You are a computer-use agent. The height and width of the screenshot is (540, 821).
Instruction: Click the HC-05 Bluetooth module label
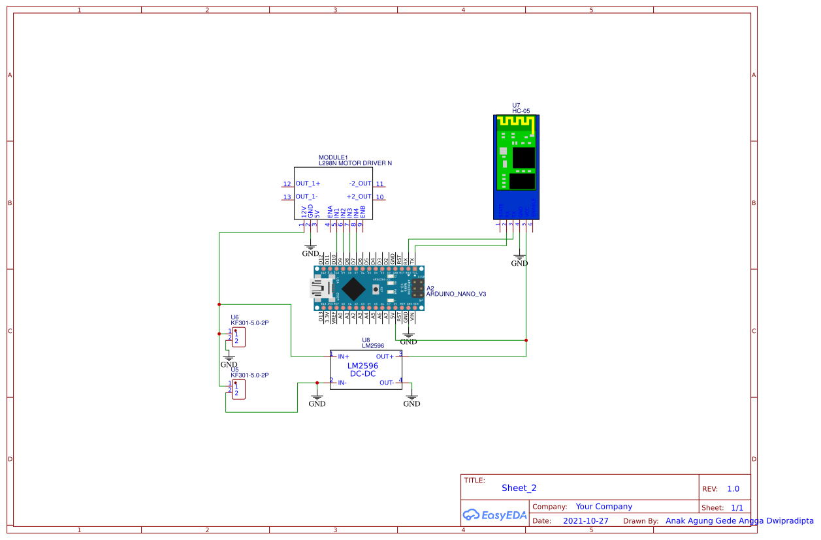point(521,111)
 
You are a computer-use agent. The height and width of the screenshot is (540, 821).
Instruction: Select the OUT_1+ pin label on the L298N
point(308,184)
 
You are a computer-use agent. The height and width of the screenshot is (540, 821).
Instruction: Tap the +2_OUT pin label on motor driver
point(359,197)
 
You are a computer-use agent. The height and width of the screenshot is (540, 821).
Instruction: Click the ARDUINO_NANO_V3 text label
point(456,294)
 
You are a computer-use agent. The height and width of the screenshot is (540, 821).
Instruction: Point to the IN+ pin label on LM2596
point(344,357)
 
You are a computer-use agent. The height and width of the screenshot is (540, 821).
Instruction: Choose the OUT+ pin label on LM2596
point(385,357)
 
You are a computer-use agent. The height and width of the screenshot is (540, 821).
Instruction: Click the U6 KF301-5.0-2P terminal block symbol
point(238,338)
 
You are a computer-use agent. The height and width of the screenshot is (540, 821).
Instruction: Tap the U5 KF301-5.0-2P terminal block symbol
point(238,390)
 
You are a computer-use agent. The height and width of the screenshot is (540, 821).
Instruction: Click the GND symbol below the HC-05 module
point(519,259)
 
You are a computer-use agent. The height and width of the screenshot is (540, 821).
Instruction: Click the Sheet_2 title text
point(519,488)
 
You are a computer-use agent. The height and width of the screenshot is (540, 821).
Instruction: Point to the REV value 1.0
point(733,489)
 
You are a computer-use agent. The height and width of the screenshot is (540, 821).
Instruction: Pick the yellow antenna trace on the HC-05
point(515,122)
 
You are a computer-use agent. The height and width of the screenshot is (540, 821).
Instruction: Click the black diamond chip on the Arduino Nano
point(353,289)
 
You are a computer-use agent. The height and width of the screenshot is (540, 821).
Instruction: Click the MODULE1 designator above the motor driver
point(333,157)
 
